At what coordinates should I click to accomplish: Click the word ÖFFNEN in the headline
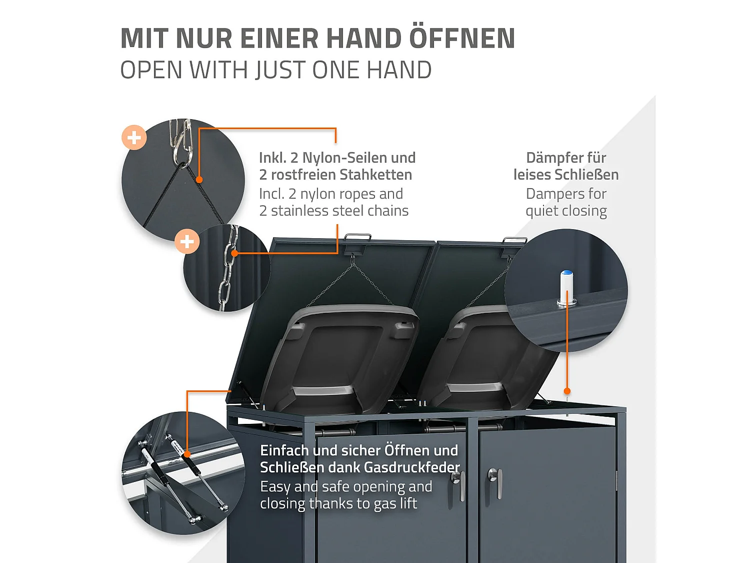[462, 39]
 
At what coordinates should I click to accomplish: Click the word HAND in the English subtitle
[398, 70]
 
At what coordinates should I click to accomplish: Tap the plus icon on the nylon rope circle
[134, 137]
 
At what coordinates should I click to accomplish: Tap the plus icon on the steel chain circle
[187, 242]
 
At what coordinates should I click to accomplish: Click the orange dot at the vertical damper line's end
[567, 391]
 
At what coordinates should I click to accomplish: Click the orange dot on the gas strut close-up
[187, 454]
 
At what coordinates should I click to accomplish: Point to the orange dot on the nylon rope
[199, 180]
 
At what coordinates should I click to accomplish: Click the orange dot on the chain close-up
[234, 253]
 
